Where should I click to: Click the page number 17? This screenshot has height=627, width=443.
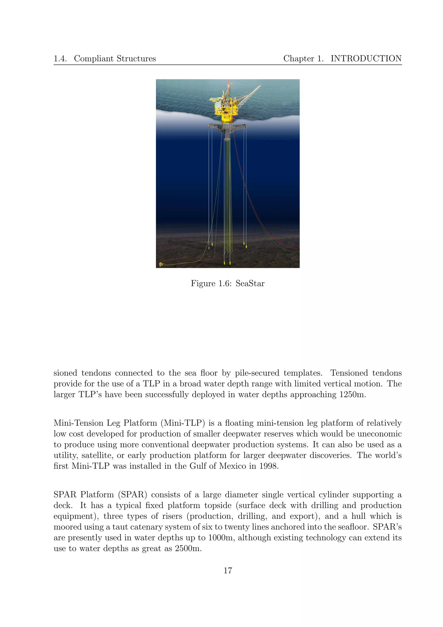[x=228, y=571]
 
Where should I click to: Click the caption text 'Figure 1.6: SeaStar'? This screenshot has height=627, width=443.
[x=228, y=283]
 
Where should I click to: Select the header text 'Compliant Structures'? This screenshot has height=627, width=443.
[x=115, y=58]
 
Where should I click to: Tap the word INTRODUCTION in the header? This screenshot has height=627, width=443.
[x=366, y=58]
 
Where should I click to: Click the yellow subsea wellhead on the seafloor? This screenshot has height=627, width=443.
[x=161, y=264]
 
